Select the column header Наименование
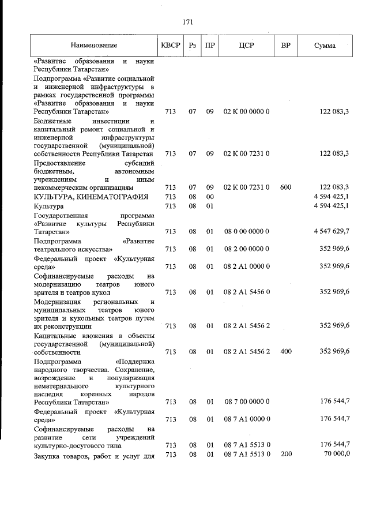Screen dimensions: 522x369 coord(94,46)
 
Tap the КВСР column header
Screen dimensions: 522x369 coord(170,46)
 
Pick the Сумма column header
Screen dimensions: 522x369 coord(325,46)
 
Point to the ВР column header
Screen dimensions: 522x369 coord(285,46)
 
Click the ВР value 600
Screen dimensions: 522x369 coord(285,187)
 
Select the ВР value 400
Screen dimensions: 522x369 coord(285,351)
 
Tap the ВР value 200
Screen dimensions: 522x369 coord(285,455)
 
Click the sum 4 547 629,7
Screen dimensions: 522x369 coord(331,231)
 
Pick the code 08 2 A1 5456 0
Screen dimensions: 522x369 coord(246,292)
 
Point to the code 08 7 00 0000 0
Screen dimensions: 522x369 coord(246,401)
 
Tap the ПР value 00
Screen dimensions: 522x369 coord(210,197)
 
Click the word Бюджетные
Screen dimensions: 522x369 coord(52,122)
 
